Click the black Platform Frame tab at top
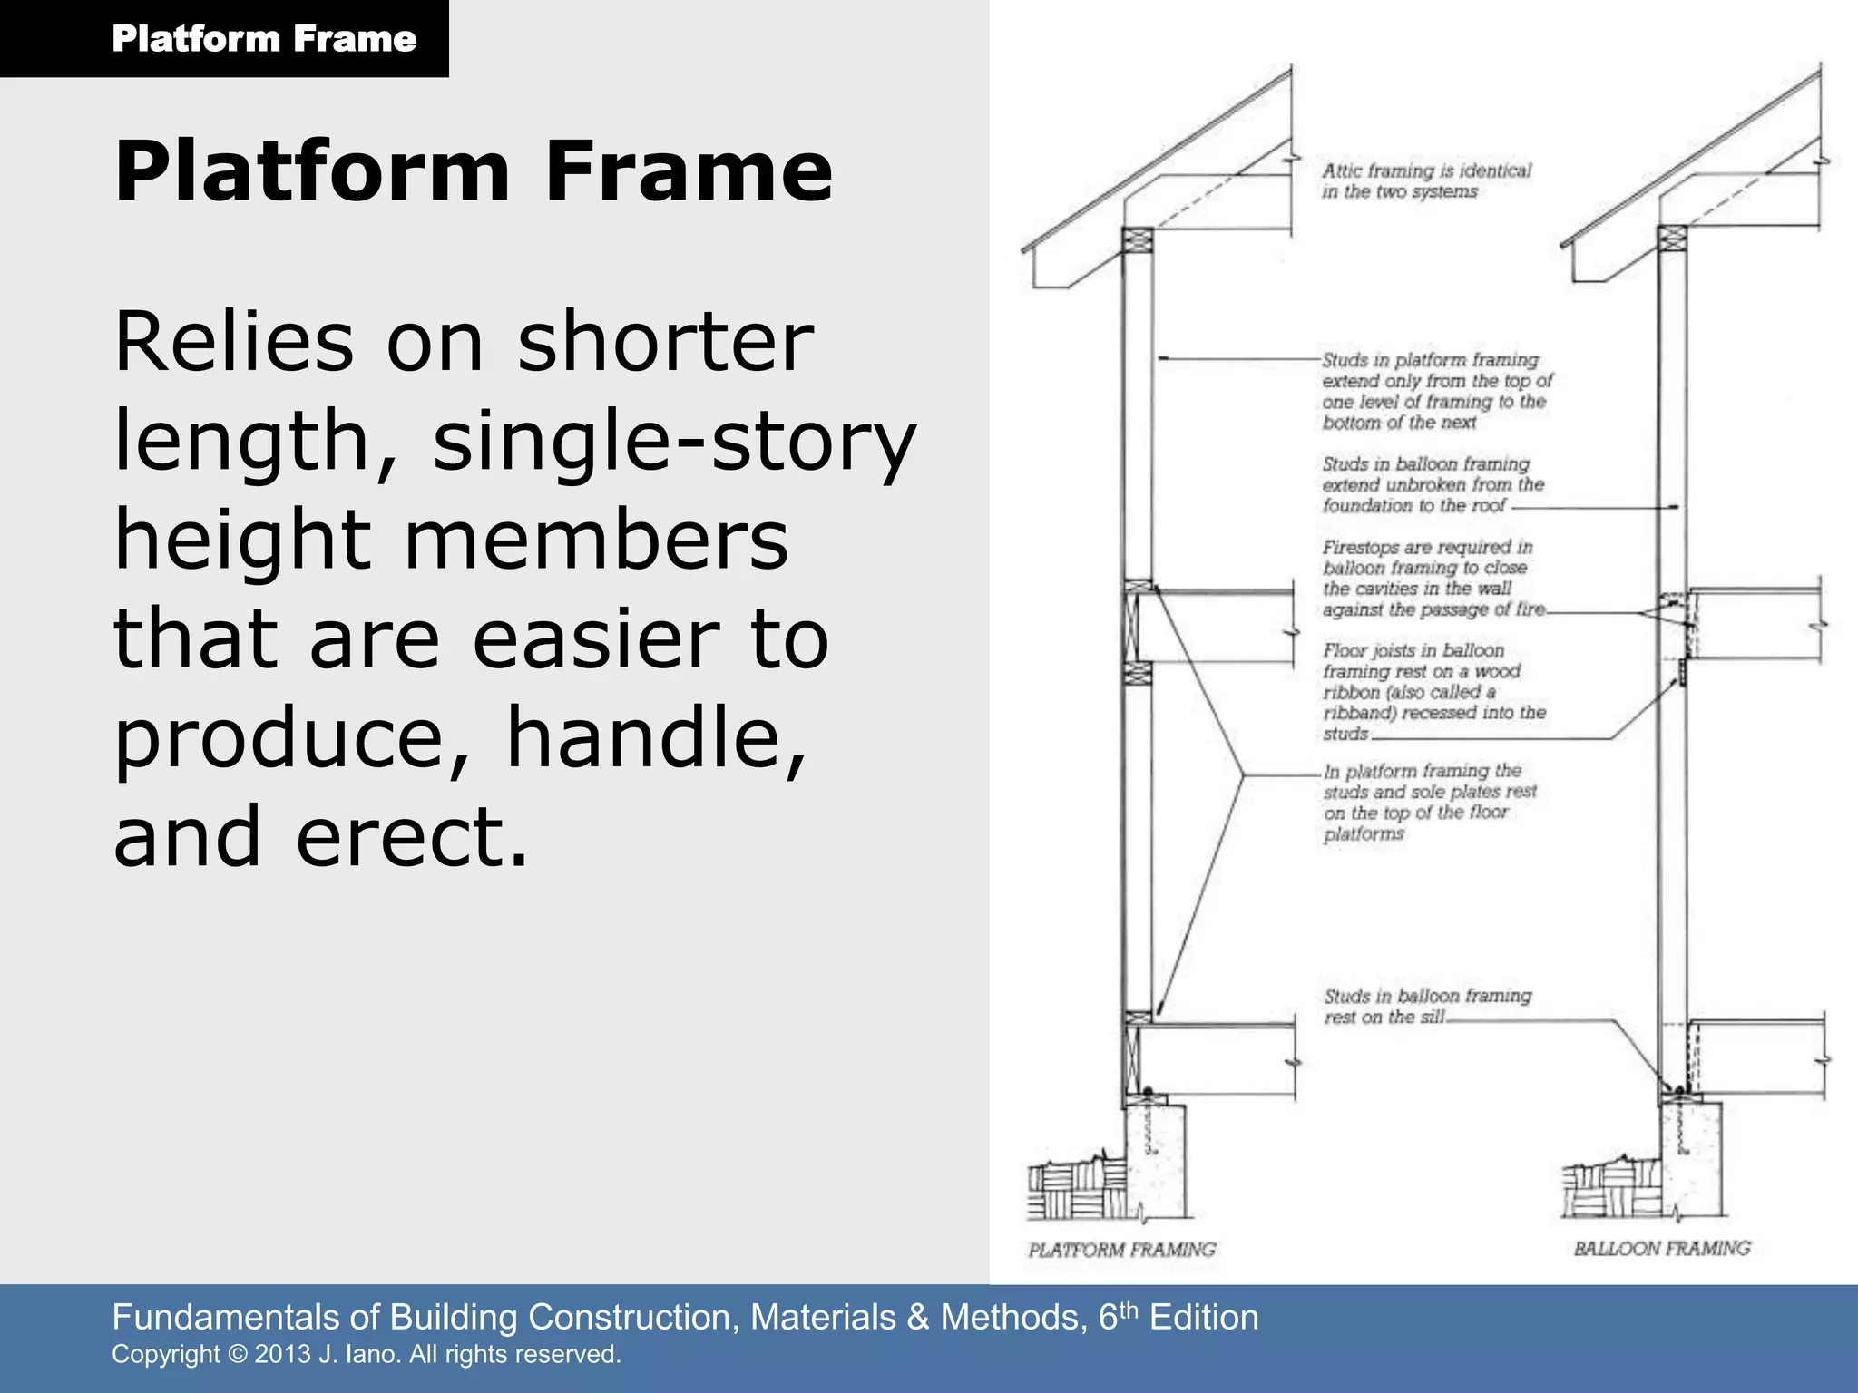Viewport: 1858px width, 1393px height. click(224, 38)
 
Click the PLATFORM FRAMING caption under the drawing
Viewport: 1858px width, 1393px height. click(1121, 1250)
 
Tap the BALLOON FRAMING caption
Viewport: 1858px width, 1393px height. click(1661, 1249)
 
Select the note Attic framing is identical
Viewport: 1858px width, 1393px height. click(1425, 180)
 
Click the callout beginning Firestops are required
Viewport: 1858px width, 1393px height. click(1432, 578)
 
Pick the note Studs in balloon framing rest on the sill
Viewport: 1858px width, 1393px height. click(1426, 1006)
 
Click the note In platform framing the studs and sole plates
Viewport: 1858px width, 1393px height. click(1429, 802)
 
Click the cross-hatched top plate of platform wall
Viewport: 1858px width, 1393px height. click(1138, 240)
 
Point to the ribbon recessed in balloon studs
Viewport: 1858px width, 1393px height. click(1682, 673)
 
